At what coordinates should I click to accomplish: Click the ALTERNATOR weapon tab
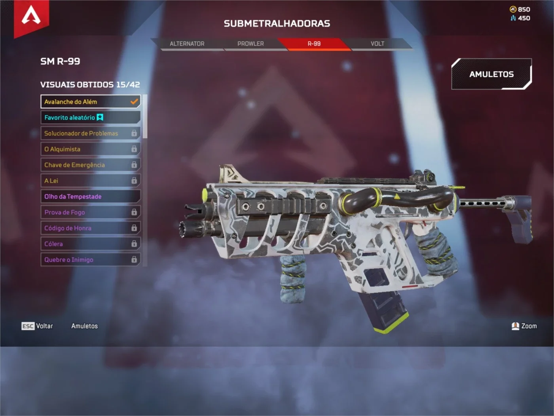(187, 44)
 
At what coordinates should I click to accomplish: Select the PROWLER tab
(250, 44)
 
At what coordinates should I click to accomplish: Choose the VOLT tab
(378, 44)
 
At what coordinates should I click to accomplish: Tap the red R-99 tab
(314, 44)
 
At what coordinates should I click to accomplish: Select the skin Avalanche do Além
(90, 101)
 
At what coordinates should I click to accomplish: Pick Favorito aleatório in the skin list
(90, 117)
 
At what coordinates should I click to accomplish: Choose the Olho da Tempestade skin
(90, 196)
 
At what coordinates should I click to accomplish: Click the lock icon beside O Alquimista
(134, 149)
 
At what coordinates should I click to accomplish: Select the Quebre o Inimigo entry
(90, 260)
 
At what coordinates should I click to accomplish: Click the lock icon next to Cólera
(134, 244)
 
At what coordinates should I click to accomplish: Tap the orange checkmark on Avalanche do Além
(134, 101)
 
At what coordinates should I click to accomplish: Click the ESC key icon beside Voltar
(28, 326)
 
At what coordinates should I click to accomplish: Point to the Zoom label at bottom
(529, 326)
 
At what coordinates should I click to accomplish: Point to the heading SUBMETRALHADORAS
(277, 23)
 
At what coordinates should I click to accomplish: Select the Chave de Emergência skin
(90, 165)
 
